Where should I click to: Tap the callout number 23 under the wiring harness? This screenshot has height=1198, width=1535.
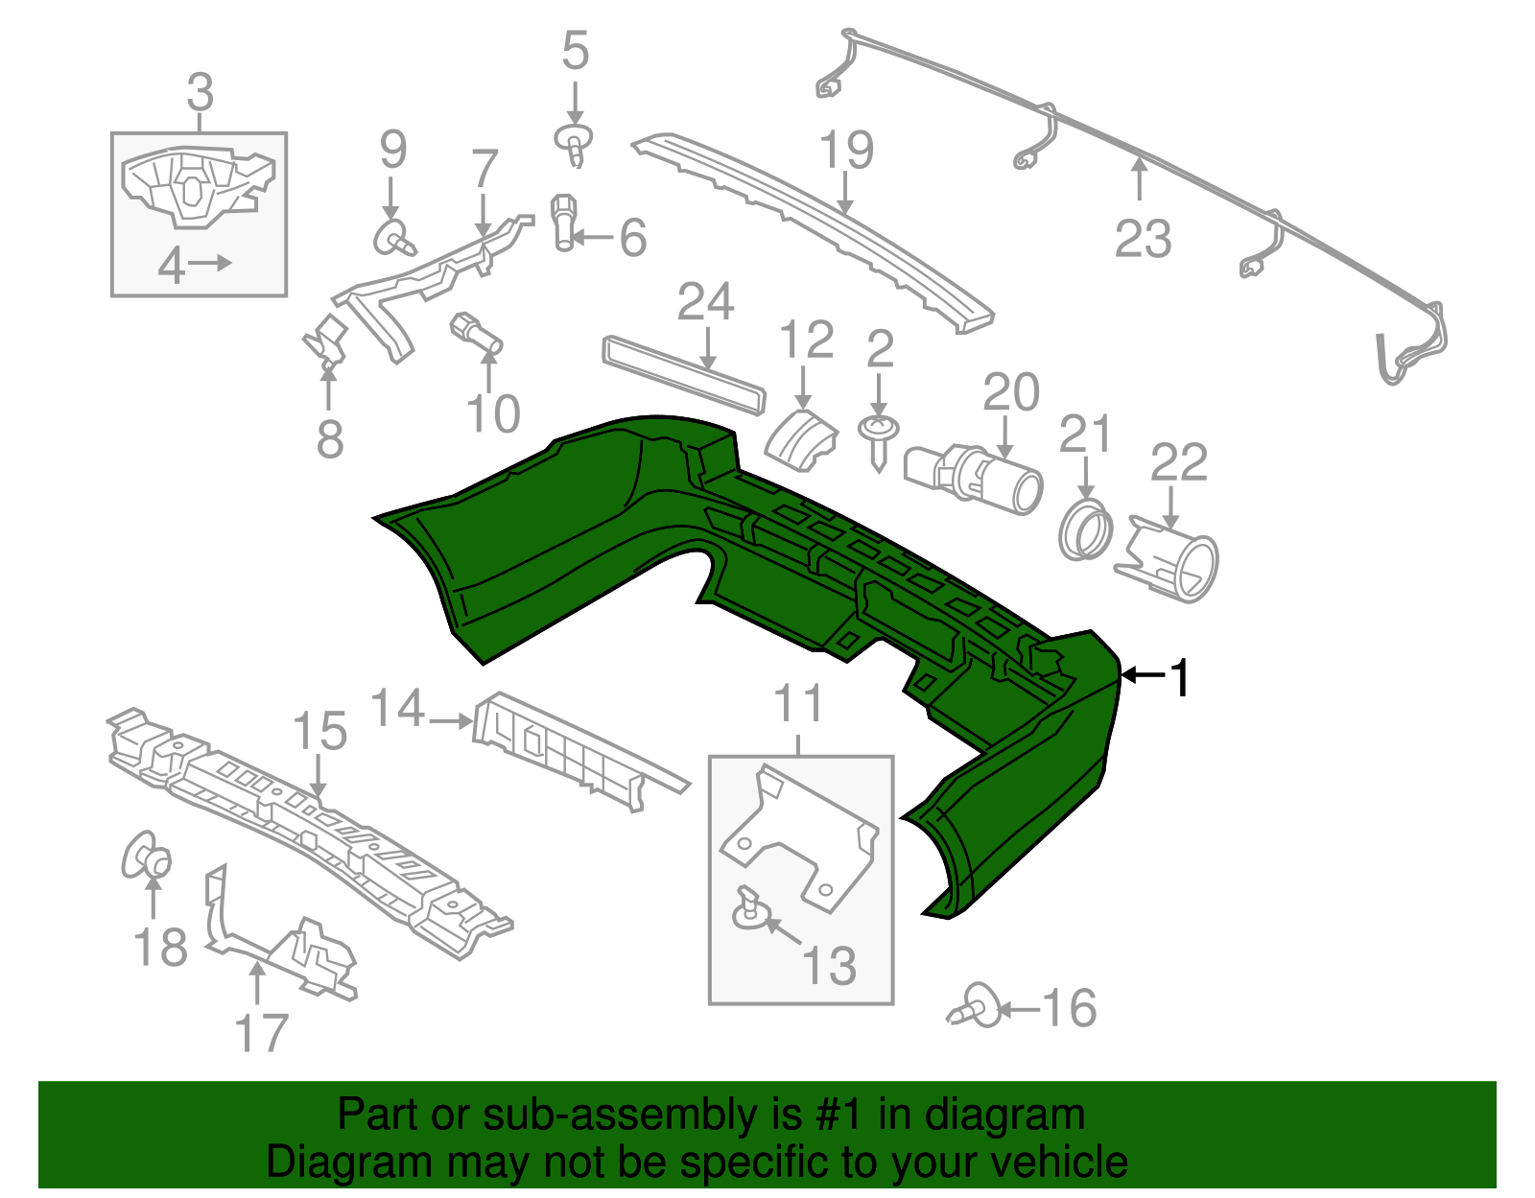point(1143,238)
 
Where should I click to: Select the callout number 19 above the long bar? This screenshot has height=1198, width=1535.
point(847,151)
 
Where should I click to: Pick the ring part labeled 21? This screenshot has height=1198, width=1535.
point(1086,529)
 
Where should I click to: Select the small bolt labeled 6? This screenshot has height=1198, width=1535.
point(564,222)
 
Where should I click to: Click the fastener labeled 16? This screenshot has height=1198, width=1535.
point(977,1007)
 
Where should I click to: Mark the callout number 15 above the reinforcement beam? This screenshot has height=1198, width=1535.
point(319,732)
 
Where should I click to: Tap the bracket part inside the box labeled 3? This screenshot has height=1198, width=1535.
point(197,187)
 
